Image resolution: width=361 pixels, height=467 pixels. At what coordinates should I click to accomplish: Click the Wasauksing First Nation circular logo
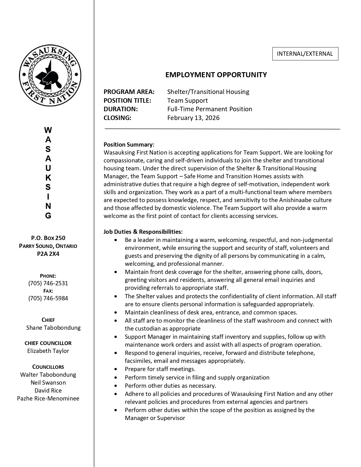point(50,75)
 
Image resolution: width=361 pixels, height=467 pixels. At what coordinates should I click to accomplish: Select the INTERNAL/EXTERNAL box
point(305,54)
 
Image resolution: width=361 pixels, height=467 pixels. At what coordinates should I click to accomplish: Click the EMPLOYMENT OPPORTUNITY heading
point(216,75)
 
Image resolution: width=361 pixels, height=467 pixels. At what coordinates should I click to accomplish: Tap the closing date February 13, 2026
point(193,118)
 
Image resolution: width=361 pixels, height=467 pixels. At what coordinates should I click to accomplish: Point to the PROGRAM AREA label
point(129,92)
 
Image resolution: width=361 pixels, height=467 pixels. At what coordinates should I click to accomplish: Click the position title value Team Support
point(187,100)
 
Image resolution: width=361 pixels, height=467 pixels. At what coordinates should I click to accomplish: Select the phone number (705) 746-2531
point(48,283)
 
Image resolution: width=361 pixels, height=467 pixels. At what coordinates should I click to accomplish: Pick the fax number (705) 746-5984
point(48,298)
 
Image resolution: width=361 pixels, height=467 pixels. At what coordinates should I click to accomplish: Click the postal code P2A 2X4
point(48,254)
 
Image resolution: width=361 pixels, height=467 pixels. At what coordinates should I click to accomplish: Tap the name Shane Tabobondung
point(53,328)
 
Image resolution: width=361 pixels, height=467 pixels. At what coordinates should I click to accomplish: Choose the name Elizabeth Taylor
point(48,351)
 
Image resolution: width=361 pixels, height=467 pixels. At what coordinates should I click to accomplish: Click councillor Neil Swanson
point(48,383)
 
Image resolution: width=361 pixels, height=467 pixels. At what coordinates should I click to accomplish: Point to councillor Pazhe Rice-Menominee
point(48,399)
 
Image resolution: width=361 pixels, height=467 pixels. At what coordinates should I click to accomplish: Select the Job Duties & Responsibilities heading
point(143,232)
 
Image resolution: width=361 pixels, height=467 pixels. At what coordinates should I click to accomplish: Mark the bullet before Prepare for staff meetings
point(116,369)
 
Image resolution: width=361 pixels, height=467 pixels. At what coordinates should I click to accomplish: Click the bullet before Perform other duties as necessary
point(116,386)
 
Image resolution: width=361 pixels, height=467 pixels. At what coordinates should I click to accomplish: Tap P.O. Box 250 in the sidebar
point(48,238)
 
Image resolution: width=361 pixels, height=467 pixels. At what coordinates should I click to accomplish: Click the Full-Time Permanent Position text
point(210,109)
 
